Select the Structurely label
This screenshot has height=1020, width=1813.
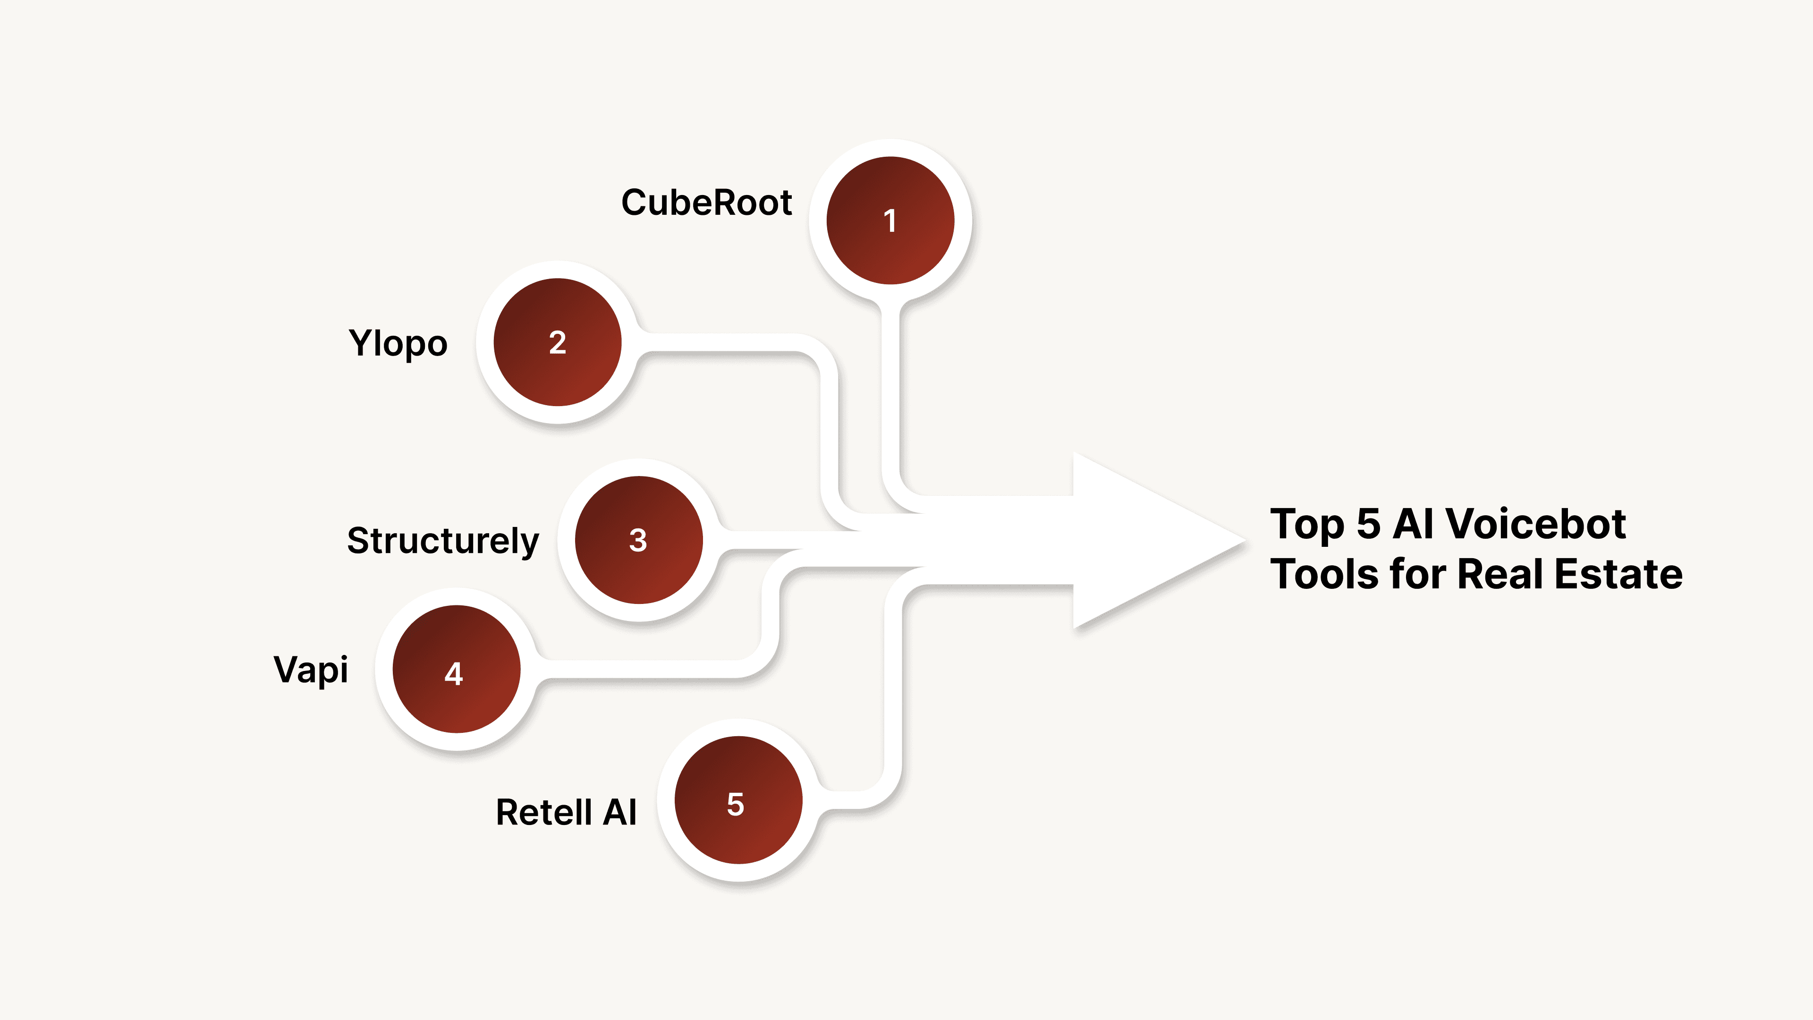(x=443, y=541)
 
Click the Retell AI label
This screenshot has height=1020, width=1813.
(x=566, y=812)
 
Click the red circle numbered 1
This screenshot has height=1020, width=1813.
(x=890, y=221)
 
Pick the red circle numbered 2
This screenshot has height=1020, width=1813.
(x=558, y=342)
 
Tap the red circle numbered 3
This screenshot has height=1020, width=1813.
(x=638, y=540)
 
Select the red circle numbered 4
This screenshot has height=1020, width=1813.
(x=456, y=670)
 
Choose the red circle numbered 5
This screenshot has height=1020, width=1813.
(x=737, y=800)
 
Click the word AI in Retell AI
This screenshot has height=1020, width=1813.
(x=619, y=812)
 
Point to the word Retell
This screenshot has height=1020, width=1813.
(x=543, y=812)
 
